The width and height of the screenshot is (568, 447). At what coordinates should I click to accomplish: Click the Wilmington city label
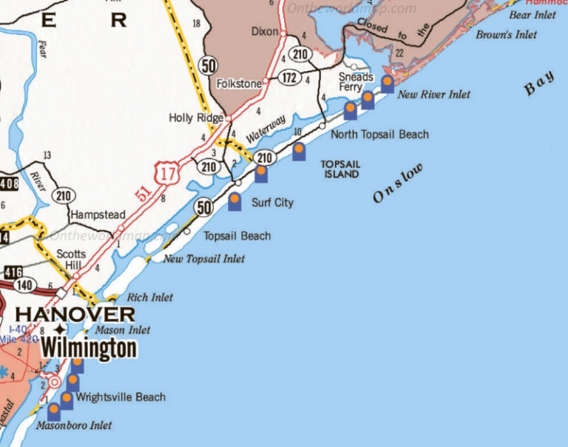(89, 348)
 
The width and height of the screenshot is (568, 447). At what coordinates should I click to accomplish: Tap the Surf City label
(273, 202)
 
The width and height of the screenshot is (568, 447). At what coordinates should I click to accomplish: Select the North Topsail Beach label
(379, 134)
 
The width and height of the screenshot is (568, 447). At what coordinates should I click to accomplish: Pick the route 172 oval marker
(288, 76)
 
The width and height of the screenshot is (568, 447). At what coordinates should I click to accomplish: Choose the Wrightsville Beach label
(121, 397)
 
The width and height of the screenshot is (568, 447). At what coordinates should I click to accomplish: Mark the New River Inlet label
(433, 95)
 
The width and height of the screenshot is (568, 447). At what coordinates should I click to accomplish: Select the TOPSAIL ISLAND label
(339, 169)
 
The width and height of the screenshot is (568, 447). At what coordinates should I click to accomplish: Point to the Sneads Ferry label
(355, 81)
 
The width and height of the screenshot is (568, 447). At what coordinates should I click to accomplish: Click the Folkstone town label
(239, 84)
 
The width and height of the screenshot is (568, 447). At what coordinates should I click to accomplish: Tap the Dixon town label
(265, 32)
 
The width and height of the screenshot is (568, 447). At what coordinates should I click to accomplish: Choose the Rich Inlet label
(150, 298)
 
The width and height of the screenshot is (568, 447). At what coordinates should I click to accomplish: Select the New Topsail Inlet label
(204, 259)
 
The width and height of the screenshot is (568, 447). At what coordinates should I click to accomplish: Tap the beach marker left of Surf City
(235, 202)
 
